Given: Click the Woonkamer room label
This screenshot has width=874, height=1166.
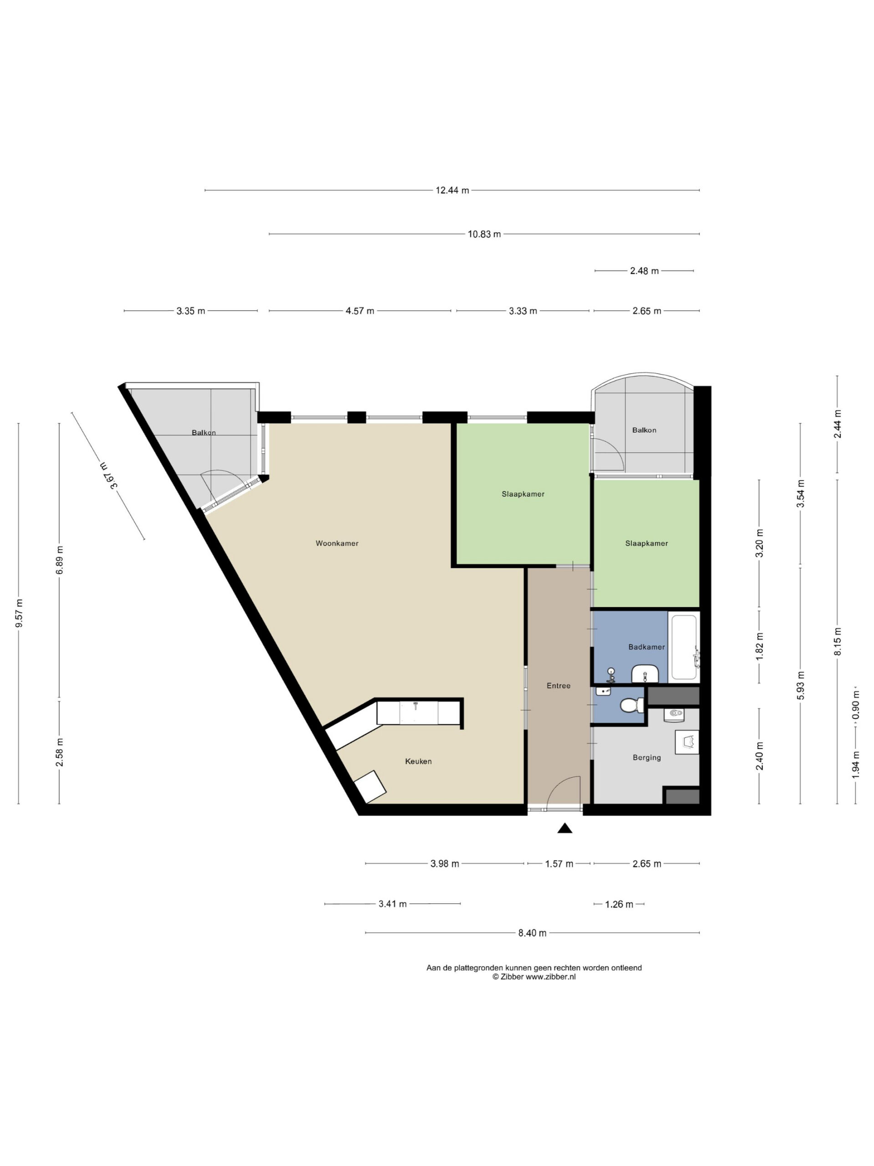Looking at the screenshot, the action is [x=337, y=543].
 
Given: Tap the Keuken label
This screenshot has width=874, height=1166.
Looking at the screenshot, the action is [x=418, y=761].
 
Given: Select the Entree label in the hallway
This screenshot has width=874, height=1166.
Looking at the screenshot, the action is [x=559, y=685].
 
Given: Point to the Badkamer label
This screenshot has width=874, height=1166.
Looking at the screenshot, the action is [x=646, y=647].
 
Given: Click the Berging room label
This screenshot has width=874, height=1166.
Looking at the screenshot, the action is [x=646, y=757].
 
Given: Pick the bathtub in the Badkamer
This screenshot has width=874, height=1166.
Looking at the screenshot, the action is [x=684, y=647].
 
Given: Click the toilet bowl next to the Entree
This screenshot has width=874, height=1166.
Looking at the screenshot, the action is [x=632, y=705].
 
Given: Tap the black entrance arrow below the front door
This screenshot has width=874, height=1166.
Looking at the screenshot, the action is [x=565, y=828].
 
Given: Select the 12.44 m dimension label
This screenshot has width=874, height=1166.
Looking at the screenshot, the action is [x=452, y=190].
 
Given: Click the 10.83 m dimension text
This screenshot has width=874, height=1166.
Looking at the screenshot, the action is [x=484, y=234].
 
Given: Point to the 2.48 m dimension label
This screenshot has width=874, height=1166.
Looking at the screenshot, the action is [x=644, y=271].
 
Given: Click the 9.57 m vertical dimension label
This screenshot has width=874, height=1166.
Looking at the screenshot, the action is [x=20, y=614].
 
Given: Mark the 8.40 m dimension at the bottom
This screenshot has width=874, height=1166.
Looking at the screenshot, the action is [x=532, y=933].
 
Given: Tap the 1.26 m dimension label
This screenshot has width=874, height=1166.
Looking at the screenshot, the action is [x=619, y=905].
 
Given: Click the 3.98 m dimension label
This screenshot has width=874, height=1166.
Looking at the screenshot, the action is [x=445, y=864].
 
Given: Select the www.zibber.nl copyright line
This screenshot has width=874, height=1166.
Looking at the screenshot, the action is [x=534, y=977].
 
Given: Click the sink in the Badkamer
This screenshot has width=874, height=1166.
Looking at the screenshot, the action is [x=645, y=673].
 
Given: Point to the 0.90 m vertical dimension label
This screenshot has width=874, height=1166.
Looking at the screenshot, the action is [x=856, y=705].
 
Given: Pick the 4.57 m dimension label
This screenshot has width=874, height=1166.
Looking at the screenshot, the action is [x=360, y=311].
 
